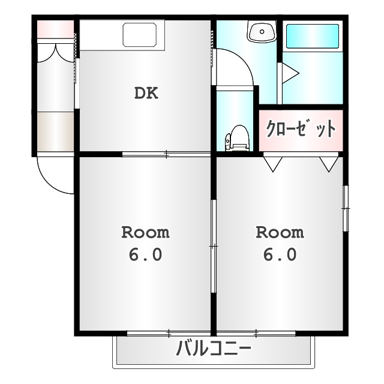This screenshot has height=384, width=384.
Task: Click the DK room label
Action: coord(145,94)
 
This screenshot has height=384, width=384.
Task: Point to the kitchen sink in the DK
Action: coord(143,34)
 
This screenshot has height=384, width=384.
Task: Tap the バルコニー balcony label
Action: coord(214,349)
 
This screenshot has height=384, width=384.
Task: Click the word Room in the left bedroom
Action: coord(145,232)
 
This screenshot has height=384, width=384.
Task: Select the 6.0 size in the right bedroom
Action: coord(280,254)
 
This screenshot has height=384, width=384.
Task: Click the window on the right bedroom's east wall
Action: coord(345,207)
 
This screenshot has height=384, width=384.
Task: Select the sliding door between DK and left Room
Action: coord(166,155)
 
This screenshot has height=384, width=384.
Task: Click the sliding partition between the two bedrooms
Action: coord(213,246)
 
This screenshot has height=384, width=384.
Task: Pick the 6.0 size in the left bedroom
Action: coord(145,254)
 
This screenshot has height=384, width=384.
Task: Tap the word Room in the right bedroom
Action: coord(280,232)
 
